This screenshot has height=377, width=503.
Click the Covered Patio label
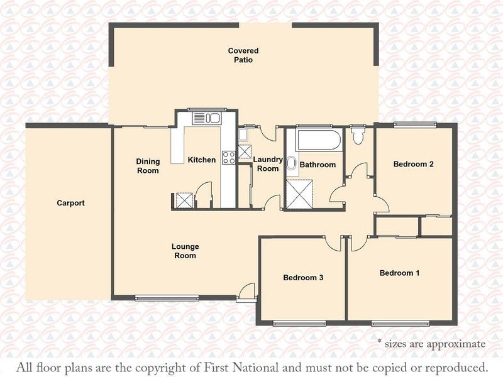[x=243, y=55]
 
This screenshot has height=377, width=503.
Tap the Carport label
[x=70, y=203]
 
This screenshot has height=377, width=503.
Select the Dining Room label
[x=148, y=166]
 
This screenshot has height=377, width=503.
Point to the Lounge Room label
[x=185, y=251]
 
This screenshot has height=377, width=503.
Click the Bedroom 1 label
[x=399, y=273]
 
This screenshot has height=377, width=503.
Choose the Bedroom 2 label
[x=414, y=164]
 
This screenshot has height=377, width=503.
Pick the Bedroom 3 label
[x=303, y=278]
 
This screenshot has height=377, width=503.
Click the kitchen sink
[x=207, y=118]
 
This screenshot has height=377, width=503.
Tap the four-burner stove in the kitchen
[x=229, y=158]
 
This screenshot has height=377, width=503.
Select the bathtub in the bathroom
[x=319, y=139]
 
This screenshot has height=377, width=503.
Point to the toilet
[x=358, y=136]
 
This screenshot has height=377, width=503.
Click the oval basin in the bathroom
[x=291, y=163]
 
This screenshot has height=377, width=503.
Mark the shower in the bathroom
[x=299, y=195]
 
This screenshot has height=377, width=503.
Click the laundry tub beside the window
[x=243, y=134]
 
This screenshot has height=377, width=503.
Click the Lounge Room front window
[x=167, y=298]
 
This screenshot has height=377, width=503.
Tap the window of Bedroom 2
[x=416, y=124]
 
